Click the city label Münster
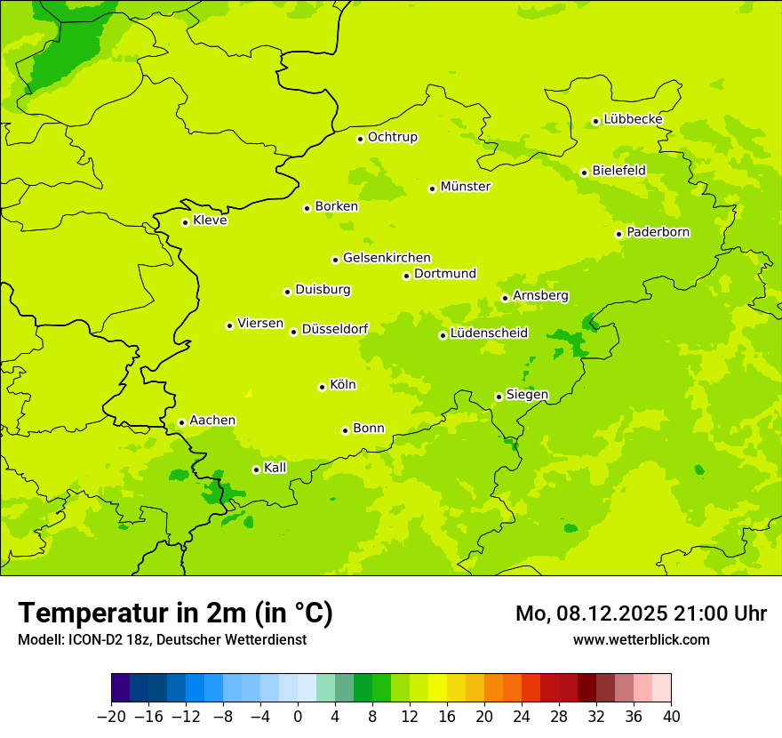coord(466,187)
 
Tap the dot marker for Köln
coord(322,387)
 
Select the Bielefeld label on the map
coord(619,171)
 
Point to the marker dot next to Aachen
coord(181,422)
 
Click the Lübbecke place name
coord(633,119)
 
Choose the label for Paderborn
coord(658,233)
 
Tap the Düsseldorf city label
coord(335,329)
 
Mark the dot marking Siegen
coord(499,397)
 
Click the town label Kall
coord(275,468)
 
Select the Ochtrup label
coord(393,137)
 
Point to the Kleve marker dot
coord(185,222)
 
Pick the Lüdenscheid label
coord(489,333)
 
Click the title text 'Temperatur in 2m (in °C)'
coord(175,614)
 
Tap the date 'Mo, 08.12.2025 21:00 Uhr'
coord(641,614)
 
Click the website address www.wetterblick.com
coord(641,639)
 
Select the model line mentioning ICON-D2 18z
coord(162,639)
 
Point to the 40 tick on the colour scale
coord(671,717)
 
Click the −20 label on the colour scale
coord(111,717)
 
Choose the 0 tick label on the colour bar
coord(298,717)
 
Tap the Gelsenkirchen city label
coord(387,258)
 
